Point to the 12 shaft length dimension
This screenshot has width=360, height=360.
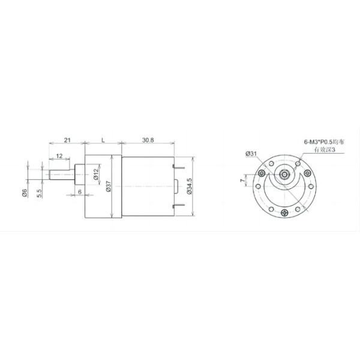59,156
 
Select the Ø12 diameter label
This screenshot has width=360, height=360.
95,173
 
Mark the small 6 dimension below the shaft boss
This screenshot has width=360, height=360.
79,192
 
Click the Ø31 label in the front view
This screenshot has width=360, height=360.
251,154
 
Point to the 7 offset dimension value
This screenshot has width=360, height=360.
243,180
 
